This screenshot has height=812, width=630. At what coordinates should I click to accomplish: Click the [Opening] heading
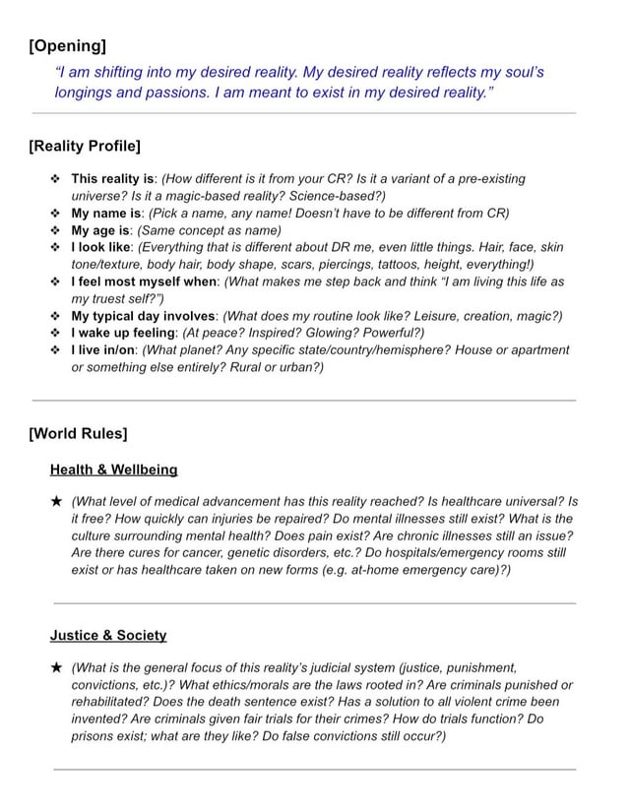pos(68,46)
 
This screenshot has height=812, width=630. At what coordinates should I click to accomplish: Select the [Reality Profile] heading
pos(85,147)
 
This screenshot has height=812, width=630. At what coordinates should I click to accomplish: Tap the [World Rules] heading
pos(79,433)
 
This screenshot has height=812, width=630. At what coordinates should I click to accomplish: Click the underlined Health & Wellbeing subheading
pos(114,469)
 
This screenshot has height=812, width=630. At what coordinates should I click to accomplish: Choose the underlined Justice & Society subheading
pos(108,635)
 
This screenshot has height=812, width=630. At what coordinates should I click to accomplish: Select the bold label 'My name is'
pos(107,213)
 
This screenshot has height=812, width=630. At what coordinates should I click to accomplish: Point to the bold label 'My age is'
pos(102,230)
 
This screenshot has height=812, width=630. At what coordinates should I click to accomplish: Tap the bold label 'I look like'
pos(102,247)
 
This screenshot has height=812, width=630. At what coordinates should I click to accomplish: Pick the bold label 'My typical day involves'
pos(144,316)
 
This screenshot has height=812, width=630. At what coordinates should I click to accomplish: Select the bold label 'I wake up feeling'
pos(124,333)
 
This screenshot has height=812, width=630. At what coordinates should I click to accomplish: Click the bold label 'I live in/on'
pos(103,349)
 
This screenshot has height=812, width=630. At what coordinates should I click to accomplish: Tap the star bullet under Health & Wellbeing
pos(57,501)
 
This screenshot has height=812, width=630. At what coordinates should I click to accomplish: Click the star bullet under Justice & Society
pos(57,667)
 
